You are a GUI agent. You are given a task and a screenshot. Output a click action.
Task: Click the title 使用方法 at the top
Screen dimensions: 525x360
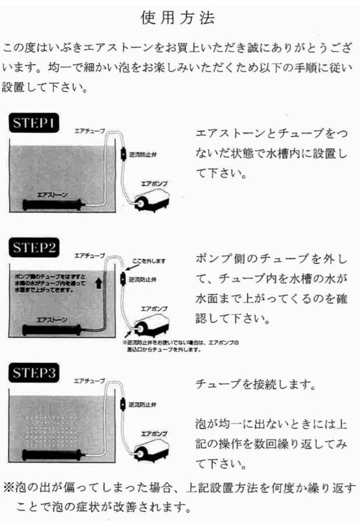pos(178,18)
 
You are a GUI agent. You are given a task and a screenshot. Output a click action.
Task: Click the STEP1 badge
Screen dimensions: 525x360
pos(34,123)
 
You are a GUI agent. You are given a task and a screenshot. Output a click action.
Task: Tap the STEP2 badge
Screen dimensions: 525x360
pos(34,248)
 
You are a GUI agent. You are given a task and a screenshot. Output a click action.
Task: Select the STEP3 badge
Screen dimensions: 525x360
pos(34,373)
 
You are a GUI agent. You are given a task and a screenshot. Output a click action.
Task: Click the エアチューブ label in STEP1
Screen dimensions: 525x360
pos(89,130)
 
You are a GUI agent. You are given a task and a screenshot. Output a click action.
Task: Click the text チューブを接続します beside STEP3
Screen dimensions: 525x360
pos(256,385)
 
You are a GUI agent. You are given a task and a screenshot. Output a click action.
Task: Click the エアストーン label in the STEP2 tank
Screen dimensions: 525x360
pos(52,320)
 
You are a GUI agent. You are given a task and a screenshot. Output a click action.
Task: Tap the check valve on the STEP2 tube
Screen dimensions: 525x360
pos(123,280)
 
